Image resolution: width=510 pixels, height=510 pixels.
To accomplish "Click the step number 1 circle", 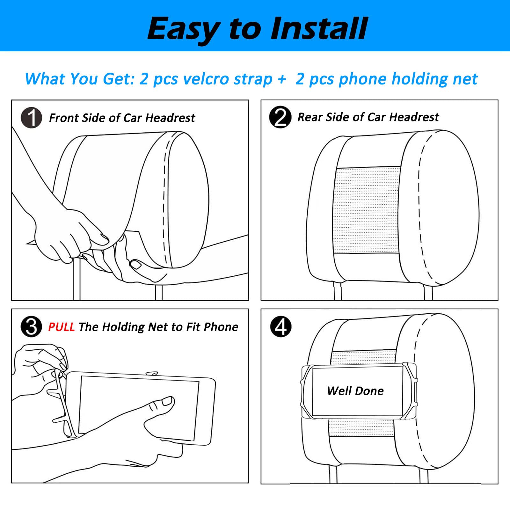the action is pos(32,118).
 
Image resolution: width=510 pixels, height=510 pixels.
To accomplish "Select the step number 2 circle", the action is pos(280,117).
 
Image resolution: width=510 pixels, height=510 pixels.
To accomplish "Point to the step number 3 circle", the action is pos(31,327).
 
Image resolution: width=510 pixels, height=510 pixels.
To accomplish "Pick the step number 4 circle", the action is pos(281,327).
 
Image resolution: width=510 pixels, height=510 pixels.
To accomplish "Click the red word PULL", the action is pos(62,327).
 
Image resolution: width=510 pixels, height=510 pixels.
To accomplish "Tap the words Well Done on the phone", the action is pos(355,391).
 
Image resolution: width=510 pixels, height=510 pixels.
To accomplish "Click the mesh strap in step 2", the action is pos(367,210).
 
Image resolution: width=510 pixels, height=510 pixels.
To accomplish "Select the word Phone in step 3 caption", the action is pos(221,327).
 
